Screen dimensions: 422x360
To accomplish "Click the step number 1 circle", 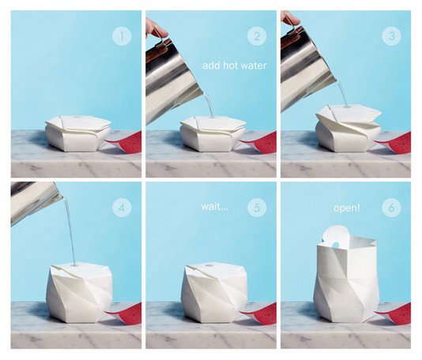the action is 122,36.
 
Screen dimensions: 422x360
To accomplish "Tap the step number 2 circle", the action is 257,36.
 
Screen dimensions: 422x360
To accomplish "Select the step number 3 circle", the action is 392,36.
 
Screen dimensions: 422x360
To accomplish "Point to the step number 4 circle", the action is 122,208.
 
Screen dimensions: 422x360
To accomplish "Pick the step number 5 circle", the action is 257,208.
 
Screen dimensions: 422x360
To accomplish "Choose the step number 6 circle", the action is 392,208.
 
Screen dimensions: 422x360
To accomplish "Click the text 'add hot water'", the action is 235,66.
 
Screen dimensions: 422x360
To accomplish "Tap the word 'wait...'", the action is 214,207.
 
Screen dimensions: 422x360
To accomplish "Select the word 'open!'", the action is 347,208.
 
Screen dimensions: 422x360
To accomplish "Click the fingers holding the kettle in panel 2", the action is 156,28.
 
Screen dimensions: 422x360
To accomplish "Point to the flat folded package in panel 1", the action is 78,133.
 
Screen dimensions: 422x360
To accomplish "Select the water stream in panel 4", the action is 69,231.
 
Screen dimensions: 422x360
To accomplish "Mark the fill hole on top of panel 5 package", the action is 208,266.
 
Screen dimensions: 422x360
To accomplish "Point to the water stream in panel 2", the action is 209,105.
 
